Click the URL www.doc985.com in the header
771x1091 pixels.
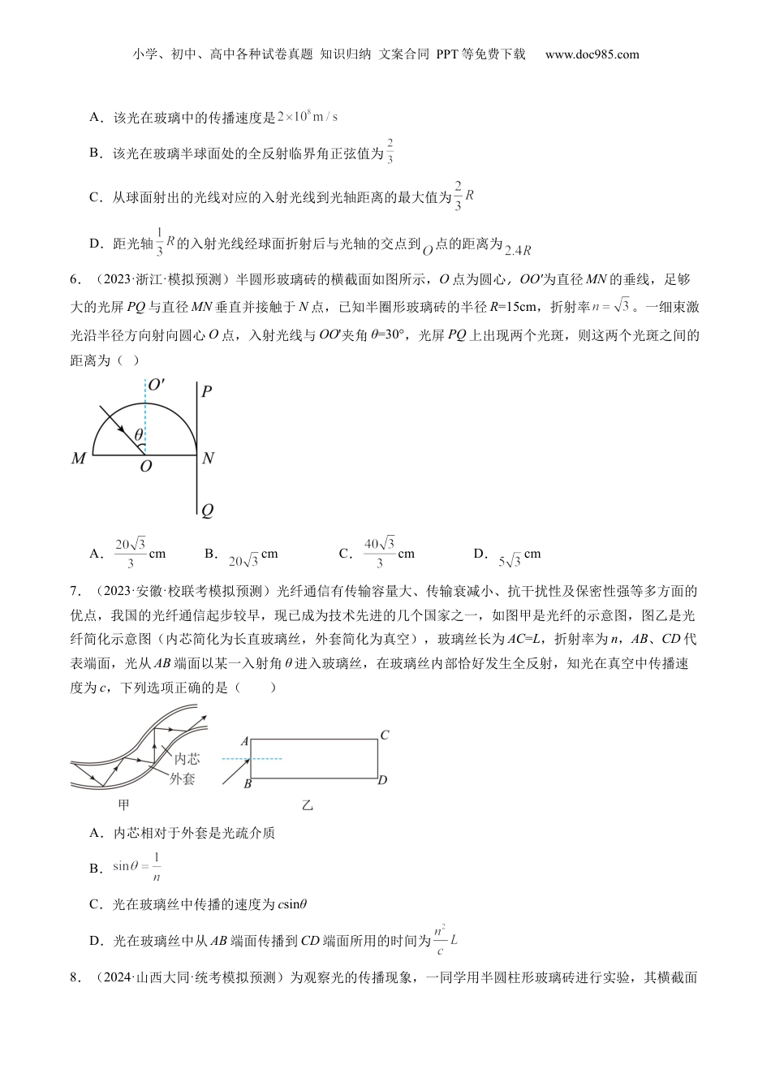click(592, 54)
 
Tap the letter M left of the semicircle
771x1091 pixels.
click(79, 459)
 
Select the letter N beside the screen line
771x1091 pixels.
click(208, 459)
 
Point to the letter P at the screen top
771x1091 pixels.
click(207, 392)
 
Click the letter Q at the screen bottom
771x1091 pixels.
click(207, 511)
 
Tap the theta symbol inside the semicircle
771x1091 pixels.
click(139, 435)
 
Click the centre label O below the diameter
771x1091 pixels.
click(146, 468)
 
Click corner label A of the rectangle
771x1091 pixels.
click(244, 741)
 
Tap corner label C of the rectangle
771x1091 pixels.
click(385, 735)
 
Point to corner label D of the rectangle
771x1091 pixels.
click(382, 780)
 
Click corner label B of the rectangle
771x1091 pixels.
click(247, 784)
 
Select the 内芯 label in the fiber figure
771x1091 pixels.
click(187, 759)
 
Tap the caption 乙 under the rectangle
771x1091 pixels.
click(308, 805)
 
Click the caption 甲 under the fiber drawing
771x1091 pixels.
click(124, 804)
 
